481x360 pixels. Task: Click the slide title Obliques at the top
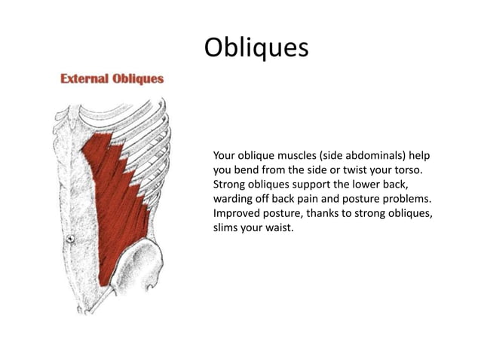[x=256, y=47]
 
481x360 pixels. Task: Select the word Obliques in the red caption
[x=139, y=78]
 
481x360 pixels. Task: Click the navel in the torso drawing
[x=69, y=239]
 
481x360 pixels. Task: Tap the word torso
[x=403, y=169]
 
